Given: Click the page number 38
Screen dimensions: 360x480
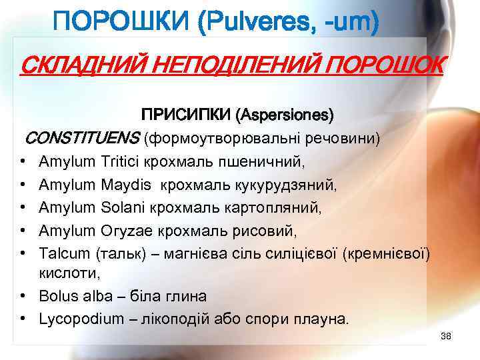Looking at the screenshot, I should point(446,335).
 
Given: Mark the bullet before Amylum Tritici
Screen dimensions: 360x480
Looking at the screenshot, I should point(23,162).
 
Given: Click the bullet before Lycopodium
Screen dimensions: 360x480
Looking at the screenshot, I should point(23,319).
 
